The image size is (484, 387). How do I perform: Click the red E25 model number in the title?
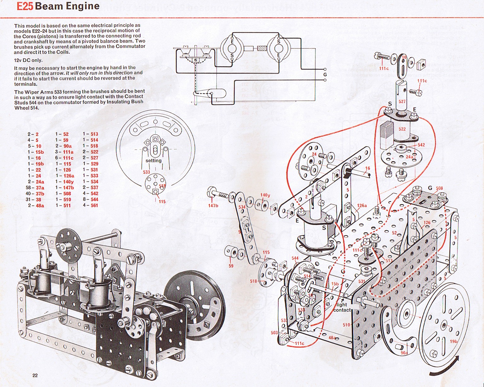pos(25,6)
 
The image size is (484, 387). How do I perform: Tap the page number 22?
pos(35,375)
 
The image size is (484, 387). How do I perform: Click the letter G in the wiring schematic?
pos(325,75)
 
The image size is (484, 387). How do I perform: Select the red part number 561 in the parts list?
pos(94,205)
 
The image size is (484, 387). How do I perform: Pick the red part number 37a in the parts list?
pos(40,188)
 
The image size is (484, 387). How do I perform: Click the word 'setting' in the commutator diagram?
pos(153,161)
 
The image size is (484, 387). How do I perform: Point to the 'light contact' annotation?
pos(342,307)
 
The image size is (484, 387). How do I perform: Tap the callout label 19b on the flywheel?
pos(454,341)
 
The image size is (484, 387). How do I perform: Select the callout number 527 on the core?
pos(402,101)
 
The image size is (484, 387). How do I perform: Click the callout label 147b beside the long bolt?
pos(213,206)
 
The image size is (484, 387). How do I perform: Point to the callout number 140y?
pos(265,195)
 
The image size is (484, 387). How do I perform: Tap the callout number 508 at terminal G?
pos(439,188)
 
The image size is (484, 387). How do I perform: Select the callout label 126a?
pos(362,206)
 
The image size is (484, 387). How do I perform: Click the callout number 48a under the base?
pos(332,337)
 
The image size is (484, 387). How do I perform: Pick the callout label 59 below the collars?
pos(231,266)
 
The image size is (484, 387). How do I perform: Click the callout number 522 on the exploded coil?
pos(402,129)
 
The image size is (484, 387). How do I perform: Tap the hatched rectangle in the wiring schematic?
pos(262,49)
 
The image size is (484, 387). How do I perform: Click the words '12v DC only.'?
pos(28,60)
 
